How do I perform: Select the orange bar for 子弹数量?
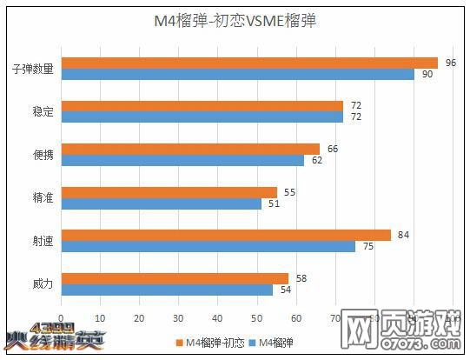pos(248,63)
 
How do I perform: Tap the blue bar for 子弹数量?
pos(237,74)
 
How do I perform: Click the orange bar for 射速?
pos(225,235)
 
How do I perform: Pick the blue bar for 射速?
pos(208,246)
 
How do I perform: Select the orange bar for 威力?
pos(174,278)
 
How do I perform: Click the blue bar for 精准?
pos(161,203)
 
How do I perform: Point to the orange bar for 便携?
pos(189,149)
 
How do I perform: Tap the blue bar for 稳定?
pos(202,117)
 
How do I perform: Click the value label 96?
pos(451,63)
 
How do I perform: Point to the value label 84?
pos(403,235)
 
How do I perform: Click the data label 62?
pos(317,160)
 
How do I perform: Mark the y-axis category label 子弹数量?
pos(34,69)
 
